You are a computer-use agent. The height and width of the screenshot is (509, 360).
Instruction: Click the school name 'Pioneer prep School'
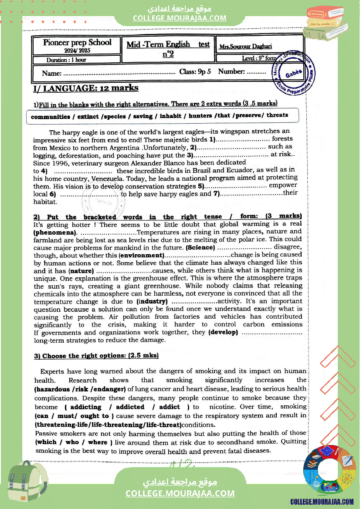pos(77,43)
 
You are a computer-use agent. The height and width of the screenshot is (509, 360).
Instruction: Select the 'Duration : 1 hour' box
pos(66,60)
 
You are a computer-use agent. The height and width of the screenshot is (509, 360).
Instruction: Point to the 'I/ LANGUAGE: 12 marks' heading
pos(86,88)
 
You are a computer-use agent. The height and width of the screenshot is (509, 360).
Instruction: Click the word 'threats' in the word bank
pos(277,115)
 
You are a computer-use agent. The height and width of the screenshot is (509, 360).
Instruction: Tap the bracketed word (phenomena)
pos(53,233)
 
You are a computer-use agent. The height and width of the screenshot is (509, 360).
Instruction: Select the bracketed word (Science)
pos(200,247)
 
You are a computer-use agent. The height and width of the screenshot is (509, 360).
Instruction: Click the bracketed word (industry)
pos(152,301)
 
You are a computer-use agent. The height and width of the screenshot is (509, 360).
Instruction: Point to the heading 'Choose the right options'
pos(100,356)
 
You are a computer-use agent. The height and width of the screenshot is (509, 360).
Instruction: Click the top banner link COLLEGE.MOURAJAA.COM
pos(180,18)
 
